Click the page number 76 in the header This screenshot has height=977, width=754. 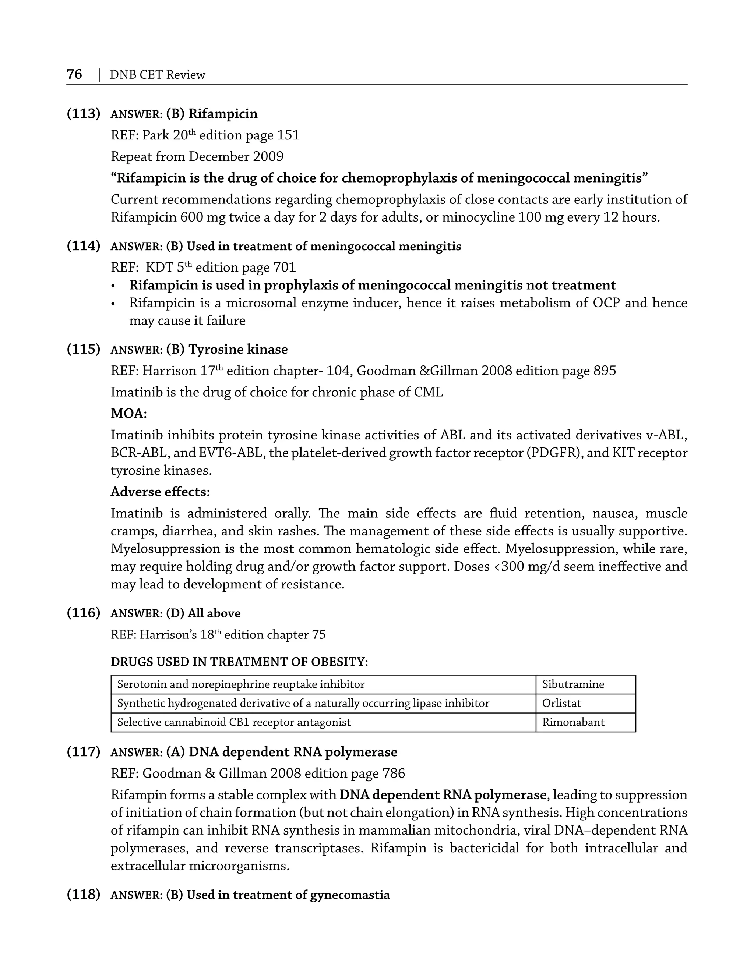click(74, 74)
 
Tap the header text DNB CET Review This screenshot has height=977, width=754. click(157, 75)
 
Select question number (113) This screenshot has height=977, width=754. click(83, 114)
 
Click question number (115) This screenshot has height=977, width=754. click(83, 349)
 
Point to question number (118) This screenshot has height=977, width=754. click(83, 895)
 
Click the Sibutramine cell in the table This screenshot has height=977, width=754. click(573, 684)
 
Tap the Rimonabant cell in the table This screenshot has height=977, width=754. click(573, 722)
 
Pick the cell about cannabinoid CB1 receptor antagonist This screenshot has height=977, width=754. click(233, 722)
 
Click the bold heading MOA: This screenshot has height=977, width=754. click(129, 413)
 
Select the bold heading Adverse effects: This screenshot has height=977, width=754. click(160, 492)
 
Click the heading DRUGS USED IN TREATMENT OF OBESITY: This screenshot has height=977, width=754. click(239, 662)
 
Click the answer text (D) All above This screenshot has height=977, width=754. click(203, 613)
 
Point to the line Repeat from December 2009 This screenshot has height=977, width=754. click(197, 156)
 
